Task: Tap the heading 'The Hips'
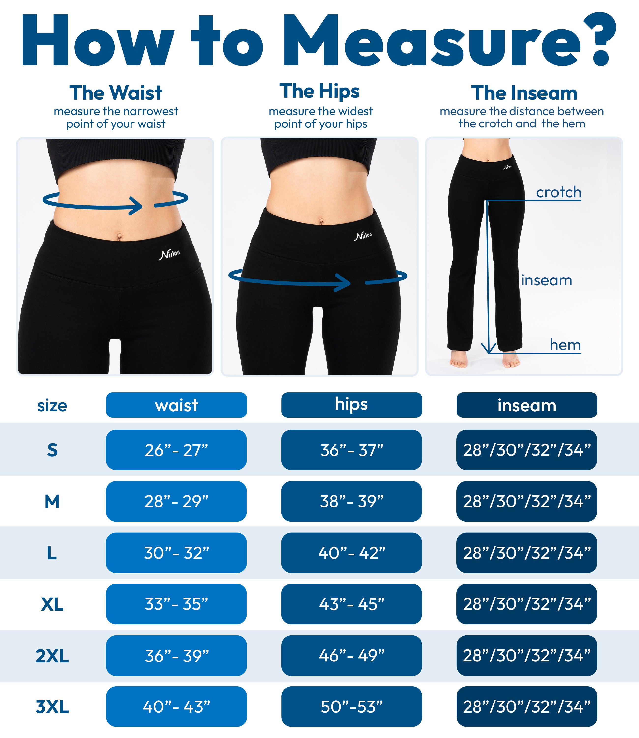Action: tap(319, 91)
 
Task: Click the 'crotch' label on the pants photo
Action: tap(558, 192)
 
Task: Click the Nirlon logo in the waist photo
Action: tap(169, 254)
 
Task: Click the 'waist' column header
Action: tap(176, 405)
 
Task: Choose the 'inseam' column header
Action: tap(527, 405)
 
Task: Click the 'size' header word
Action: tap(52, 406)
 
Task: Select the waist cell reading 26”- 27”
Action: tap(176, 450)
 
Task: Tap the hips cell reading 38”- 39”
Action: tap(352, 501)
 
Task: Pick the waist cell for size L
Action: tap(176, 553)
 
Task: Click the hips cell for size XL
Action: tap(352, 604)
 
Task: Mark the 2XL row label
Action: tap(52, 656)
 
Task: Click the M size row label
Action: tap(52, 501)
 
